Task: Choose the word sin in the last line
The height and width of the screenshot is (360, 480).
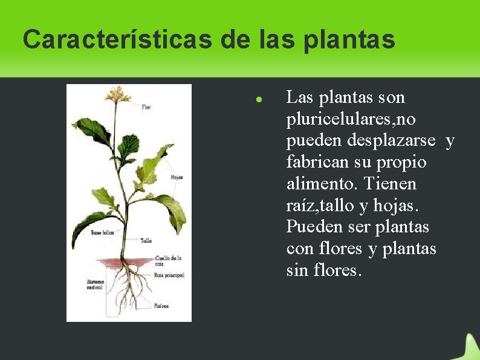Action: [x=297, y=270]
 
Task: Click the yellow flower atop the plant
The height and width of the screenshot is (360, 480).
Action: [x=118, y=94]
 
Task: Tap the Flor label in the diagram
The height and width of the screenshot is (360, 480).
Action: [x=146, y=108]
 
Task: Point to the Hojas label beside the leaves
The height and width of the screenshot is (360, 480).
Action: [x=177, y=177]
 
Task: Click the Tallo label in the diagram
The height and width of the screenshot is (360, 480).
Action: [x=146, y=240]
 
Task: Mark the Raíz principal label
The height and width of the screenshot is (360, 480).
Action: [x=169, y=275]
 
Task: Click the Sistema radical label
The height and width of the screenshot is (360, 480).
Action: [x=96, y=284]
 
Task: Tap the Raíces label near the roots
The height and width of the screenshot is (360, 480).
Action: [x=161, y=306]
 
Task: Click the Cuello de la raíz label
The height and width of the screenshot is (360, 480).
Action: [x=168, y=261]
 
